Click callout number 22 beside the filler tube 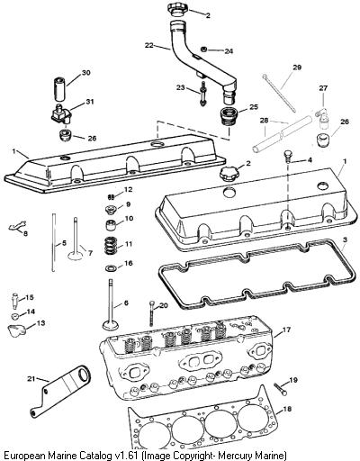tap(148, 45)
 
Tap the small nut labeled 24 tap(203, 50)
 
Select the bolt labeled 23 tap(203, 94)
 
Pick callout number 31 tap(90, 102)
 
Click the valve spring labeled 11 tap(112, 245)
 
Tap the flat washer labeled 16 tap(110, 267)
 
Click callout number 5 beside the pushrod tap(64, 243)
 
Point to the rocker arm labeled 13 tap(16, 330)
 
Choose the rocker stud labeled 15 tap(15, 301)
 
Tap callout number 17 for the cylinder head tap(286, 330)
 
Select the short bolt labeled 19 tap(280, 389)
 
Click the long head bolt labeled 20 tap(152, 313)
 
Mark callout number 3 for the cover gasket tap(345, 240)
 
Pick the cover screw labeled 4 tap(287, 156)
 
